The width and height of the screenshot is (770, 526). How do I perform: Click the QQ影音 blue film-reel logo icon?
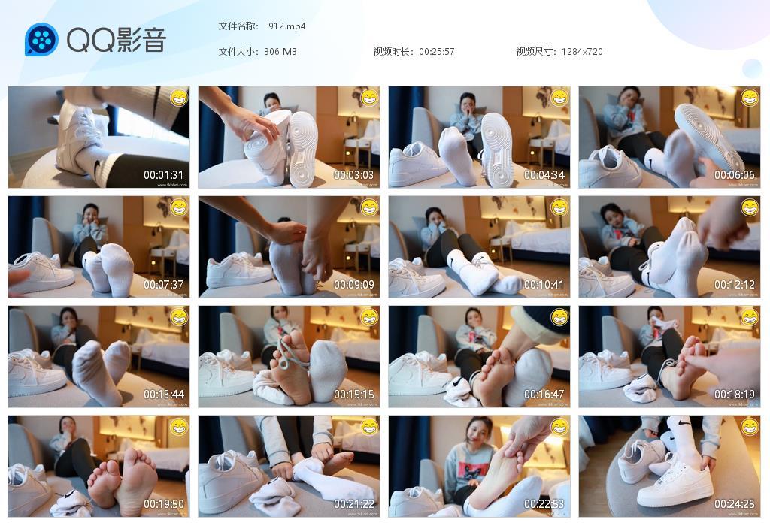tap(41, 39)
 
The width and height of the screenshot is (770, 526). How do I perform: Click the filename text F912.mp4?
tap(284, 26)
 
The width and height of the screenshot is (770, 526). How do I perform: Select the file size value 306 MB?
tap(280, 52)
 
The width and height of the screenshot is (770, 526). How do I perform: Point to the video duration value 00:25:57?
tap(436, 52)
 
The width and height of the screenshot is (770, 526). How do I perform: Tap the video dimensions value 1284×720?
tap(581, 52)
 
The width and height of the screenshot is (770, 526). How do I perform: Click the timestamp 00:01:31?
tap(164, 175)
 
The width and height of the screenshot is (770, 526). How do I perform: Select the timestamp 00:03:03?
tap(354, 175)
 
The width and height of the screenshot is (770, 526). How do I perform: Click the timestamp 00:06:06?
tap(735, 175)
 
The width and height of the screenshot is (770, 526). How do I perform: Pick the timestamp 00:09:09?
tap(354, 285)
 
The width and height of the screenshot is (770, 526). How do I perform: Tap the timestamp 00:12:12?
tap(735, 285)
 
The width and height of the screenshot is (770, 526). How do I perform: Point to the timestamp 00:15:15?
tap(354, 394)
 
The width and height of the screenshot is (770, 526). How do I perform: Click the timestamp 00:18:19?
tap(735, 394)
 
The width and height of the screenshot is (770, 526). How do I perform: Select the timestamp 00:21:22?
tap(354, 504)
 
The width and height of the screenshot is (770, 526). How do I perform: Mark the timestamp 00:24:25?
tap(735, 504)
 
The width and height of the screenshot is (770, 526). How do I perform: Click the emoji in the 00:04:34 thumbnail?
tap(559, 98)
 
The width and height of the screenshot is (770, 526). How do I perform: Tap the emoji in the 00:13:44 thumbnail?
tap(179, 317)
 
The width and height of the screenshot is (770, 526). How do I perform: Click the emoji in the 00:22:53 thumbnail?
tap(559, 427)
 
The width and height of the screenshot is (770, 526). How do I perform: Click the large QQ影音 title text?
tap(116, 40)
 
